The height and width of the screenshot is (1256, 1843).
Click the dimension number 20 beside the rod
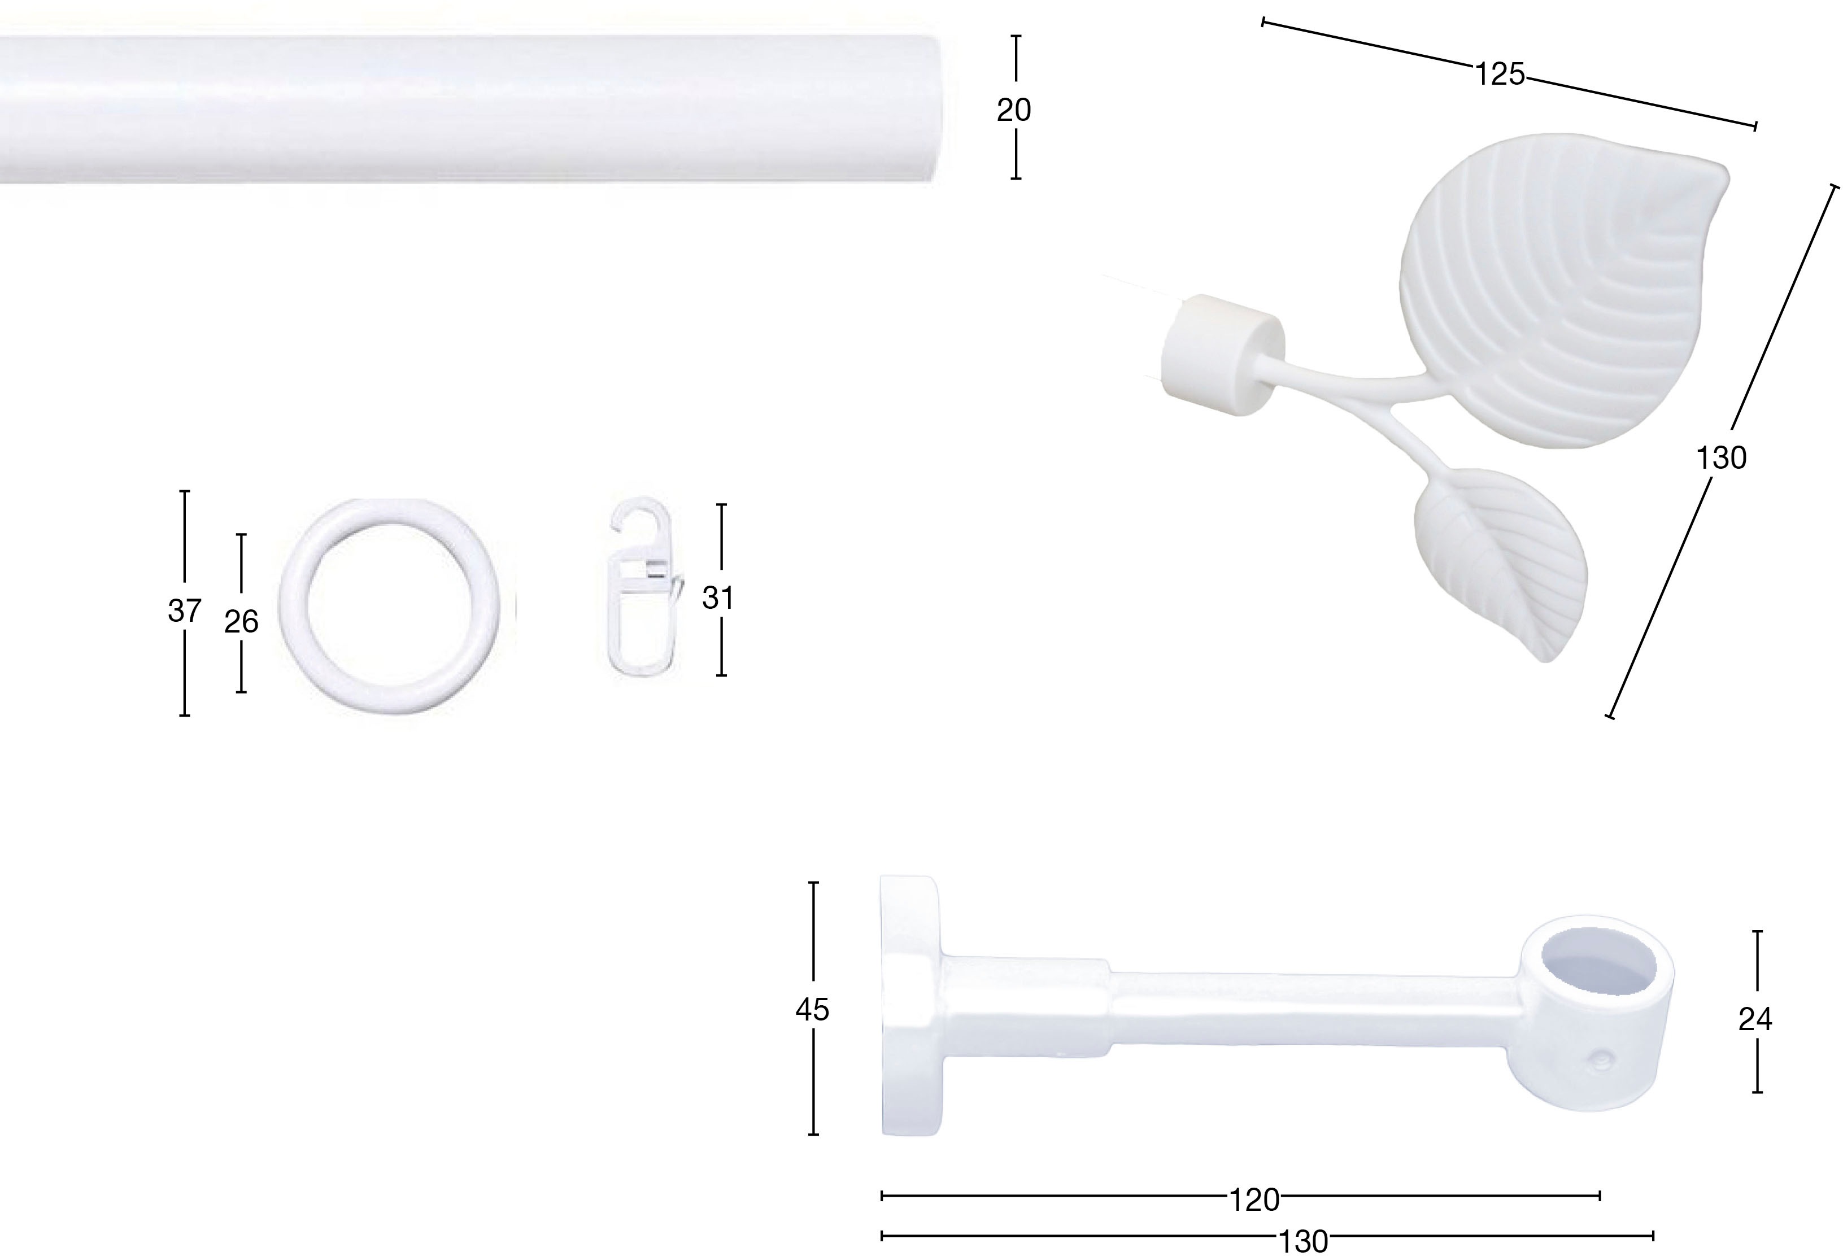pyautogui.click(x=1014, y=110)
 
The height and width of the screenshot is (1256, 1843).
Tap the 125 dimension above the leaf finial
pyautogui.click(x=1500, y=74)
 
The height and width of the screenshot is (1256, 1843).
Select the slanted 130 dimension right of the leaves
pyautogui.click(x=1722, y=459)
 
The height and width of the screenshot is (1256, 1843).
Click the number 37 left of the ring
pyautogui.click(x=185, y=610)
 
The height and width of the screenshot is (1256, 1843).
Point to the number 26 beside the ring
pyautogui.click(x=241, y=622)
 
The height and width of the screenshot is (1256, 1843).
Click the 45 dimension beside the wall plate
pyautogui.click(x=813, y=1009)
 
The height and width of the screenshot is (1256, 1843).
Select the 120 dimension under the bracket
pyautogui.click(x=1254, y=1200)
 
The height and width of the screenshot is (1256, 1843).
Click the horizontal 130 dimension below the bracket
pyautogui.click(x=1305, y=1241)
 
